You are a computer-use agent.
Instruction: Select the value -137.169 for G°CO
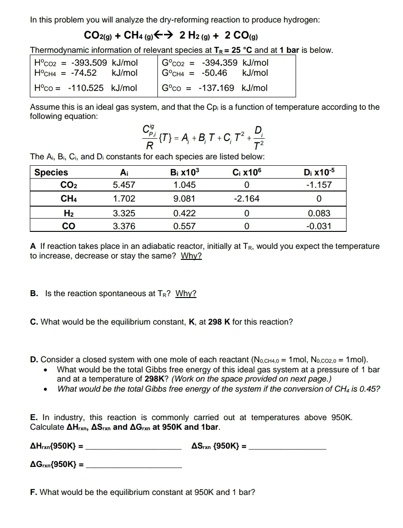216,88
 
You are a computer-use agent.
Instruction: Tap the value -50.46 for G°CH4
214,73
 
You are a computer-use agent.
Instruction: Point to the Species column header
51,172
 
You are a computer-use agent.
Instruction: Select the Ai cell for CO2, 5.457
124,185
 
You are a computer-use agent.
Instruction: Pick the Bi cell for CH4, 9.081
185,199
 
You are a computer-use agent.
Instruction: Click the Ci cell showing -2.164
247,199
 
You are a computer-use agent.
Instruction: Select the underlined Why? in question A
191,256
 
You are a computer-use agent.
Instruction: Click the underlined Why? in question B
186,293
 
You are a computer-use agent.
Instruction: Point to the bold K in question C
192,322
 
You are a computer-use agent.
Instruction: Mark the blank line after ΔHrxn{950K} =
134,448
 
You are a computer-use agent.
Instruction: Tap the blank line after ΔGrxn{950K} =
134,466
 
